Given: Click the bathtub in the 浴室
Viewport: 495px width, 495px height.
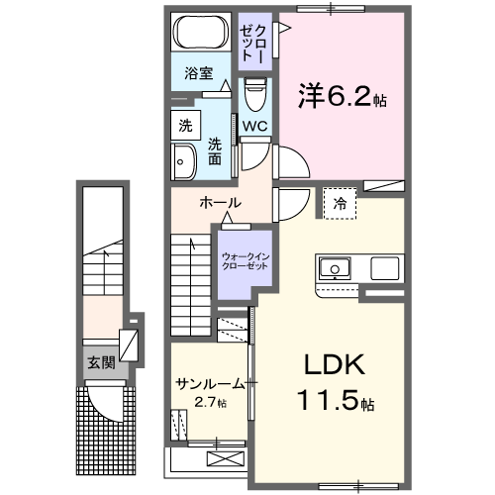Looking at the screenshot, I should (x=201, y=34).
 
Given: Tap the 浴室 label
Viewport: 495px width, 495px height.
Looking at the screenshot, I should (x=199, y=72).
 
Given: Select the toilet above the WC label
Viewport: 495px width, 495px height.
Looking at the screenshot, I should (x=254, y=97).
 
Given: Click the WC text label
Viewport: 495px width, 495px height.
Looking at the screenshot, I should (x=254, y=127).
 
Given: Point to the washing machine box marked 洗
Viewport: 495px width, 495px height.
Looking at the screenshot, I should (x=185, y=126).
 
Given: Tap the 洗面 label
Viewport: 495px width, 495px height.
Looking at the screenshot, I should (x=215, y=150).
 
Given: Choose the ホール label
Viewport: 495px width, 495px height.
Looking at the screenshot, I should (x=219, y=202).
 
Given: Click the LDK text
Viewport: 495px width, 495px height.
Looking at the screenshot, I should (x=328, y=366).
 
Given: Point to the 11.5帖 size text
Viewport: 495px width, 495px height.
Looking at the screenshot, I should (x=332, y=404).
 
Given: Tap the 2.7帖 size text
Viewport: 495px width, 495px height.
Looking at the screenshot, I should (x=210, y=402).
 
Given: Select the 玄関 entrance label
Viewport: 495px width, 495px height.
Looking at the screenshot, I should (x=100, y=362).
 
